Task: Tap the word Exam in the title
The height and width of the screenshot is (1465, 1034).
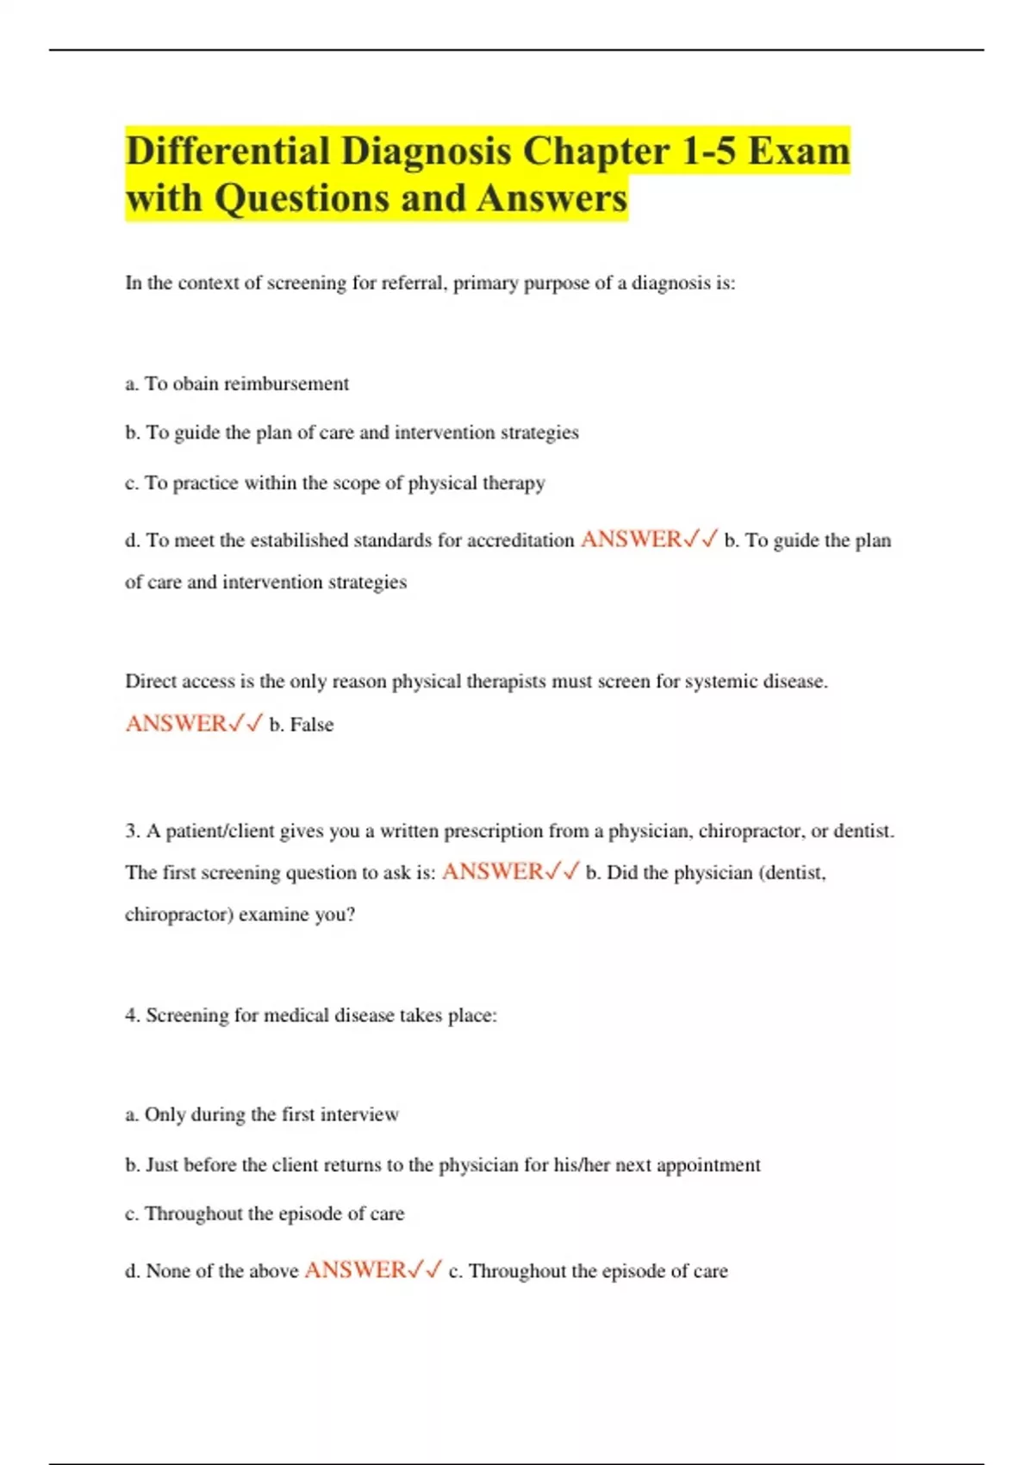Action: [798, 152]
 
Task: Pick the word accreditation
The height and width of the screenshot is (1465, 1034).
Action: [520, 540]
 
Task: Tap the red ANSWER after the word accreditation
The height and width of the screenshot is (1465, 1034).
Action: [631, 539]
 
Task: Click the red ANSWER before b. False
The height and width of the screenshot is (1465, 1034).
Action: [176, 723]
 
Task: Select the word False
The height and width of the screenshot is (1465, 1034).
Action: [311, 725]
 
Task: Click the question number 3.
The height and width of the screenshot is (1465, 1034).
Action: [132, 832]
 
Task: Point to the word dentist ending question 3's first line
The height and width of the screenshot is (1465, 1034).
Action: [864, 832]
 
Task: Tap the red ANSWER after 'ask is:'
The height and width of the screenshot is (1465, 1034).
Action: [492, 872]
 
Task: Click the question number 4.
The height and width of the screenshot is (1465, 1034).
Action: [132, 1015]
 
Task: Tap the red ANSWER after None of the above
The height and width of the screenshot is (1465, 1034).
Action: [355, 1270]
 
